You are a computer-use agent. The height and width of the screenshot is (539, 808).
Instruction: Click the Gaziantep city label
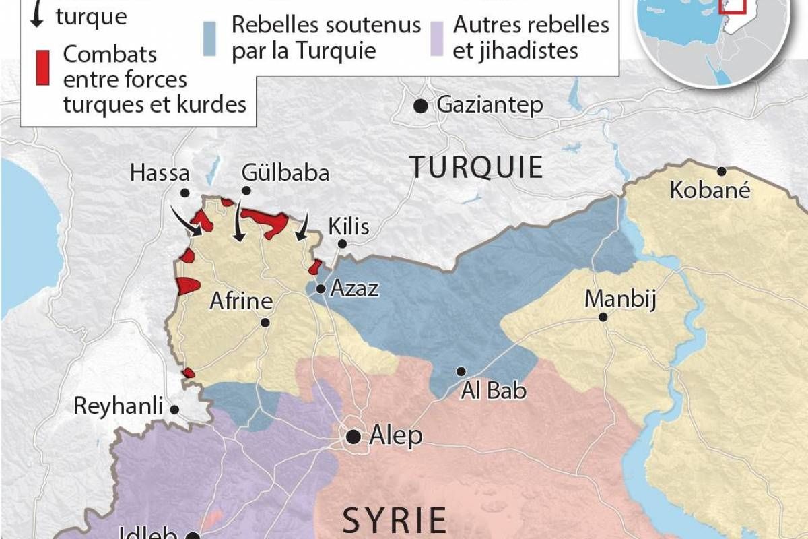490,106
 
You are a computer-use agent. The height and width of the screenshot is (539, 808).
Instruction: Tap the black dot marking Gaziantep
421,106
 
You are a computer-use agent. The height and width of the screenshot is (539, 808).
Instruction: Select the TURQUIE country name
477,167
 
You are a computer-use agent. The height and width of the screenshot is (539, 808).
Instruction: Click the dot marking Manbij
603,317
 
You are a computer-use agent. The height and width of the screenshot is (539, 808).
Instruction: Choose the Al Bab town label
494,390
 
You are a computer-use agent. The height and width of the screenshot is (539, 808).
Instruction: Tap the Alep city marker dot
353,437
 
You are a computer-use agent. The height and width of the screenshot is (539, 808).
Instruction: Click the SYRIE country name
395,520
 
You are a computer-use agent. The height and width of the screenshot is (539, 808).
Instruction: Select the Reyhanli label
119,406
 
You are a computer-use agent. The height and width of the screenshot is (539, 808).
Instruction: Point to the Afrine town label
240,302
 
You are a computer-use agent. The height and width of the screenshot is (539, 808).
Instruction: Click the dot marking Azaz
321,289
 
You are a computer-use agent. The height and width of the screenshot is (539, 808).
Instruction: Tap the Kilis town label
348,226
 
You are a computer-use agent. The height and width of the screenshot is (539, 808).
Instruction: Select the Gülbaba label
285,173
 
